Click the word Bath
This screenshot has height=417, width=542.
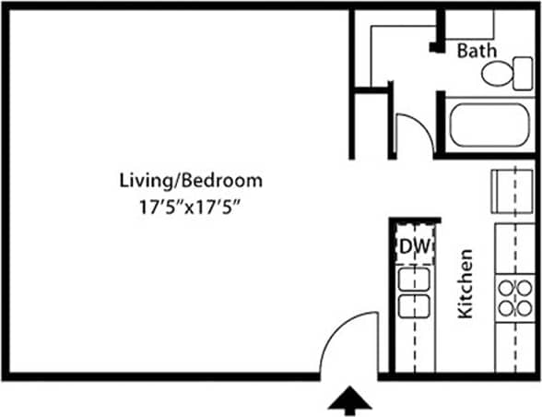pos(477,51)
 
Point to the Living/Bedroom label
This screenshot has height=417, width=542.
pos(191,179)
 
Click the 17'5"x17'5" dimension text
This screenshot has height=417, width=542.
pos(190,208)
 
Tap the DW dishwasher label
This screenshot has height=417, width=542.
pos(414,246)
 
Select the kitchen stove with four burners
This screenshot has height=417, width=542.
pos(514,297)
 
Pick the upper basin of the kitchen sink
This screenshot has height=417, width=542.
pos(413,280)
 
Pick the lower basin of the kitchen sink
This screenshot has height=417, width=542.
pos(413,304)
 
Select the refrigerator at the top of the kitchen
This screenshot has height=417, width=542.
pos(513,190)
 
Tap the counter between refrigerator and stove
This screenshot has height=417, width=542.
pos(514,246)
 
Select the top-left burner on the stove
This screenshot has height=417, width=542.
pos(505,286)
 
